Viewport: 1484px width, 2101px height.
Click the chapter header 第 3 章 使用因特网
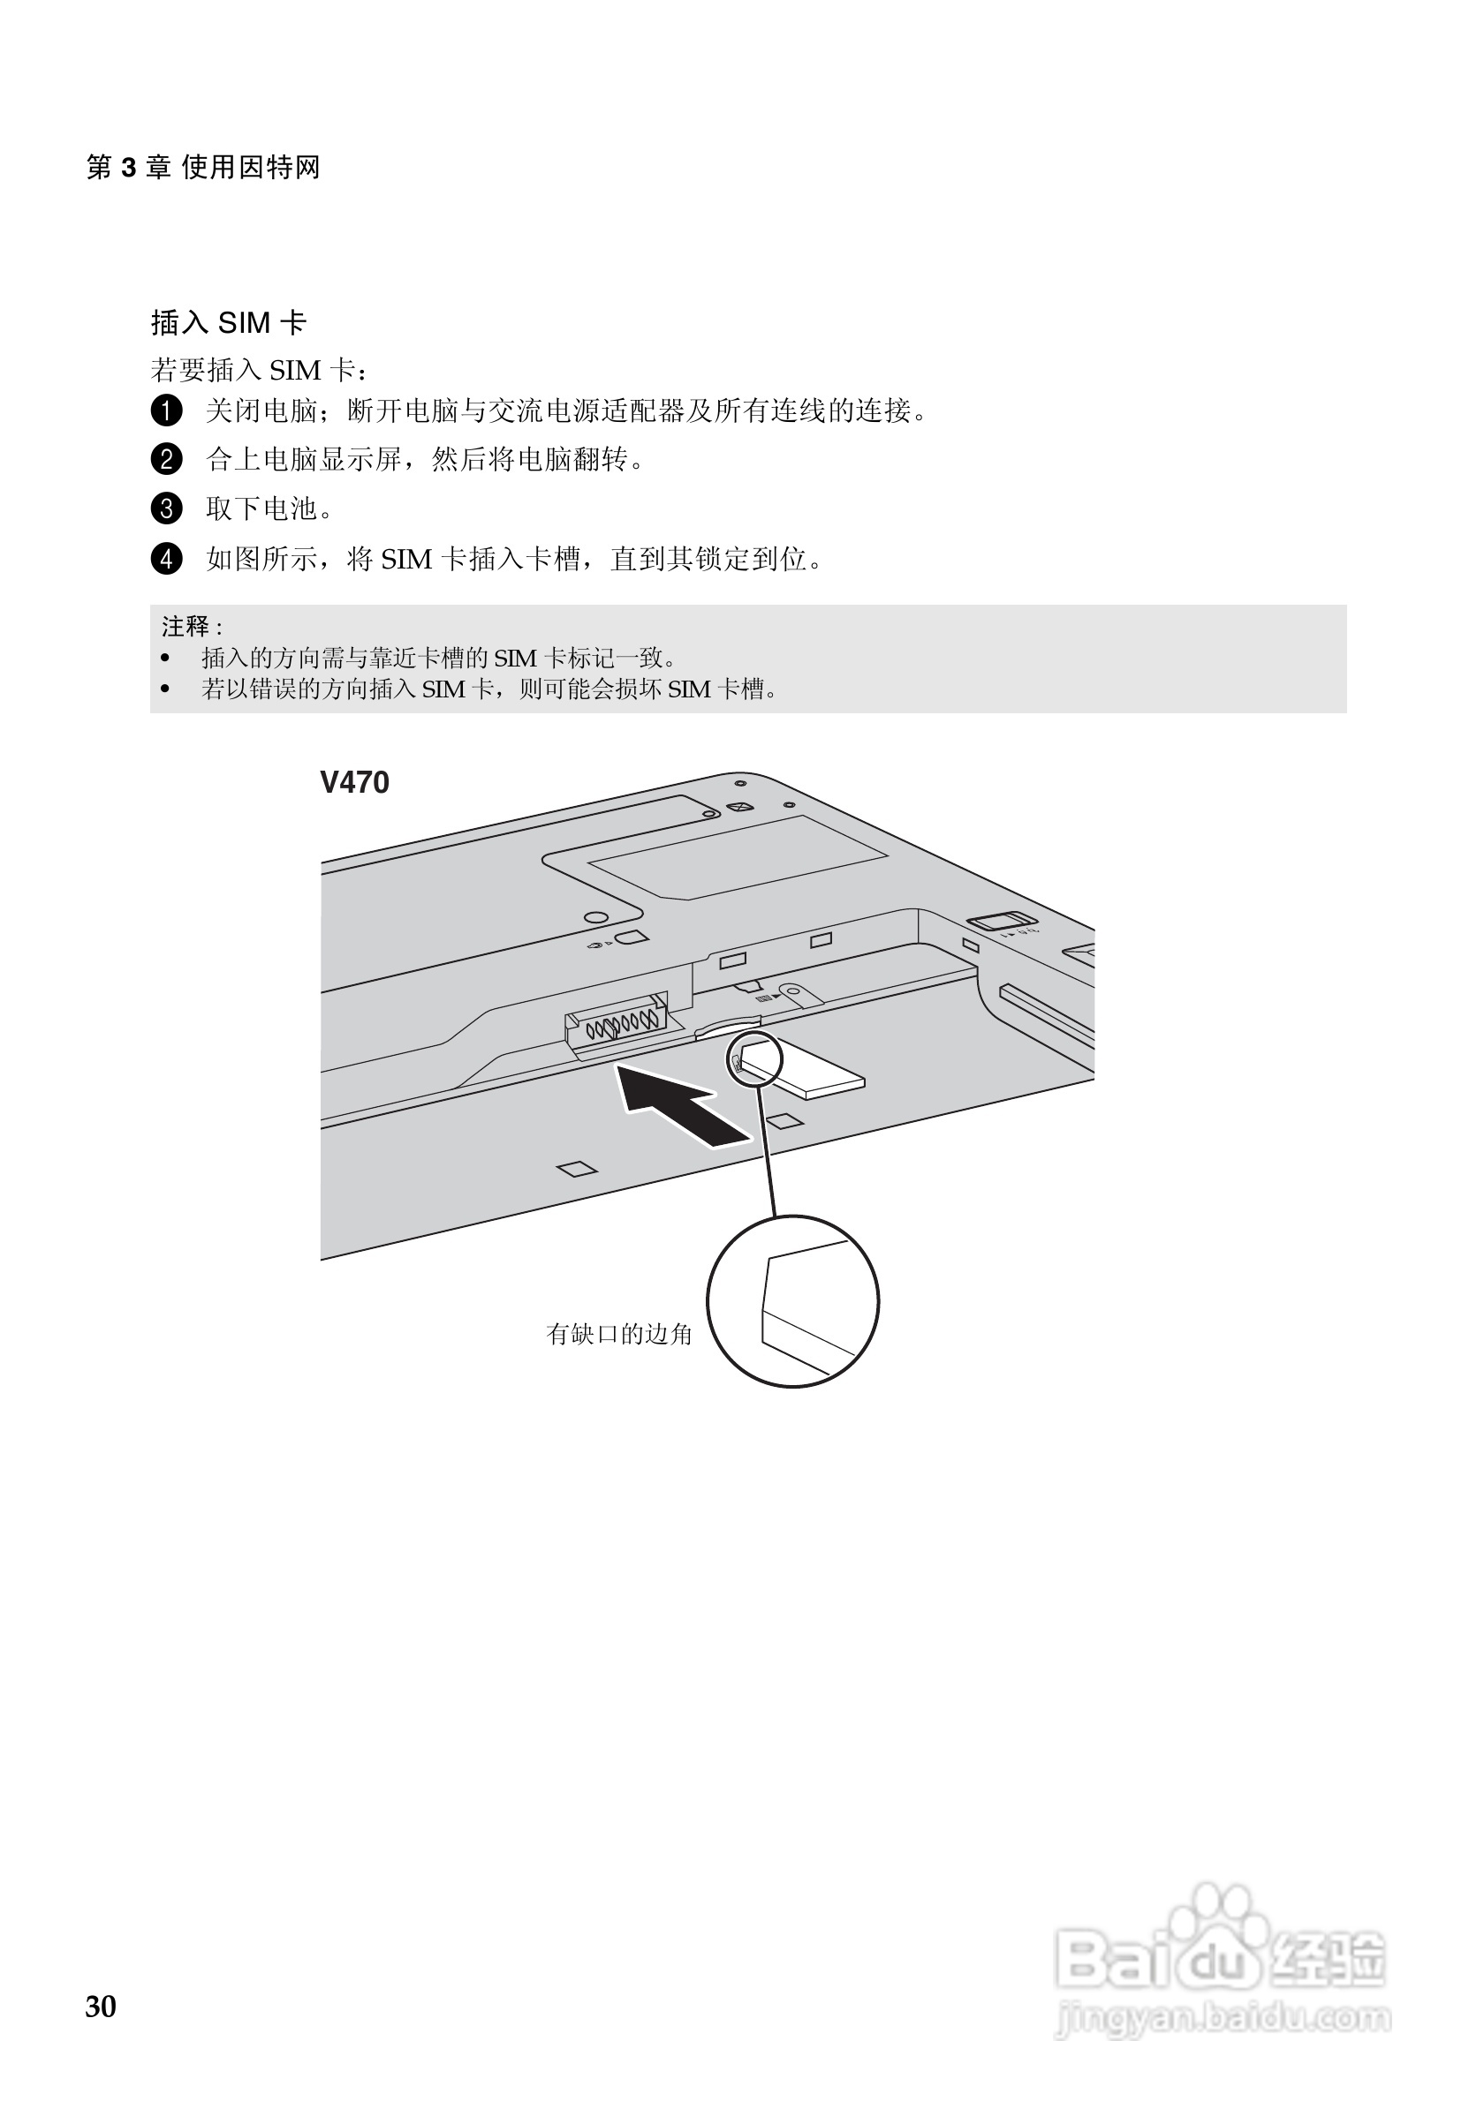click(x=202, y=168)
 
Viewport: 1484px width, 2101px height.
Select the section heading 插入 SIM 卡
click(x=228, y=322)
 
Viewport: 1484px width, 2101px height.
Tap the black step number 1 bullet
click(x=166, y=410)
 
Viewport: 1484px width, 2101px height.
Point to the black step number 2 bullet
click(x=166, y=458)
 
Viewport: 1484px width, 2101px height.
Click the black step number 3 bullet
click(x=166, y=508)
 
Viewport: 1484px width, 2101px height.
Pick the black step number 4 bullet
click(x=166, y=558)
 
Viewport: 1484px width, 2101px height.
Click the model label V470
click(x=354, y=782)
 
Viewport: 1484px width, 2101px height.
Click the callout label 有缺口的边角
click(x=619, y=1334)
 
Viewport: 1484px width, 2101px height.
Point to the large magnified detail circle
click(x=793, y=1301)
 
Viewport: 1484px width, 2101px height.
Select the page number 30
click(x=101, y=2006)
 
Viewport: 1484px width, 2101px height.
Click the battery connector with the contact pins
click(x=617, y=1021)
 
